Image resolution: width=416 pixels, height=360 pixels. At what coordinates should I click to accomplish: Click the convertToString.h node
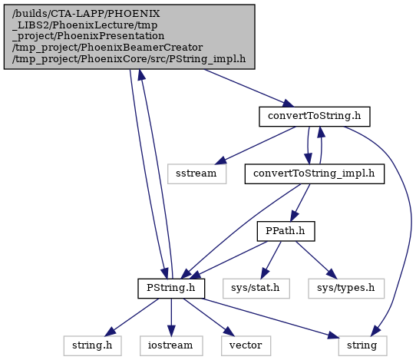(x=315, y=117)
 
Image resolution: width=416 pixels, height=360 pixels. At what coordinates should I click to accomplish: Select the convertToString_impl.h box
(x=315, y=173)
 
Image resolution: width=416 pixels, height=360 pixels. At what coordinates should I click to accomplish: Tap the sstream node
(x=196, y=173)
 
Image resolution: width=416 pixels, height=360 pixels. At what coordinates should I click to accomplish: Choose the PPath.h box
(x=286, y=231)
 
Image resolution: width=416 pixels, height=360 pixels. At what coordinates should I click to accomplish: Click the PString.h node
(x=171, y=289)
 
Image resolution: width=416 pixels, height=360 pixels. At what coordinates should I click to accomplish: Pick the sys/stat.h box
(x=256, y=289)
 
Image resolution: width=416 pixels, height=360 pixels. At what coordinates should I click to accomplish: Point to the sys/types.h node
(x=346, y=289)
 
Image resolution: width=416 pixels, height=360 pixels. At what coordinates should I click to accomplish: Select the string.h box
(x=93, y=346)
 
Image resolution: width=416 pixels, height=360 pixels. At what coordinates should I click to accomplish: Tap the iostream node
(x=171, y=346)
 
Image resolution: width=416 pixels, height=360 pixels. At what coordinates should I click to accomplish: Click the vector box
(x=246, y=346)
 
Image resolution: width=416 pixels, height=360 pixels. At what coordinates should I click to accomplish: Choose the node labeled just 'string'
(x=363, y=346)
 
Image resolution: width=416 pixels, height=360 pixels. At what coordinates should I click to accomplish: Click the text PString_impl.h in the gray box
(x=207, y=59)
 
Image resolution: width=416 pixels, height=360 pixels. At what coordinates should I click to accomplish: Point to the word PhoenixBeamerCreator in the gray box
(x=142, y=48)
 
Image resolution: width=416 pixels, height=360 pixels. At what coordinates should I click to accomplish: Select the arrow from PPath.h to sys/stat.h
(x=271, y=260)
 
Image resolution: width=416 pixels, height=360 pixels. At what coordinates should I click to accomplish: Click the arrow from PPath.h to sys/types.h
(x=316, y=260)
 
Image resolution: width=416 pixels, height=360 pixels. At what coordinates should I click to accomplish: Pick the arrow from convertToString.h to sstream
(x=256, y=145)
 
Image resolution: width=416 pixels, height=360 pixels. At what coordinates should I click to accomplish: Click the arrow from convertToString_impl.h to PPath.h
(x=300, y=203)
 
